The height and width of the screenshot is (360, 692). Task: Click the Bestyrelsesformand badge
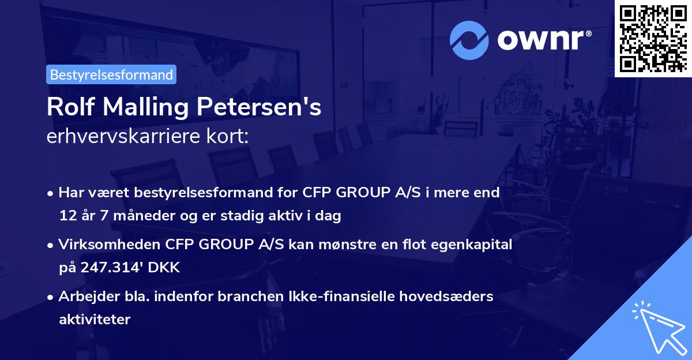pos(111,74)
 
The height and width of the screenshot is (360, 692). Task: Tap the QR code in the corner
pos(653,38)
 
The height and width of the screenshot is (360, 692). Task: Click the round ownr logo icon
pos(469,40)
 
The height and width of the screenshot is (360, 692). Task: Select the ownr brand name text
pos(543,40)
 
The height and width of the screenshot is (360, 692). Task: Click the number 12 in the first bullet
pos(66,216)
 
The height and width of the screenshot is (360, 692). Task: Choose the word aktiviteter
pos(95,319)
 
